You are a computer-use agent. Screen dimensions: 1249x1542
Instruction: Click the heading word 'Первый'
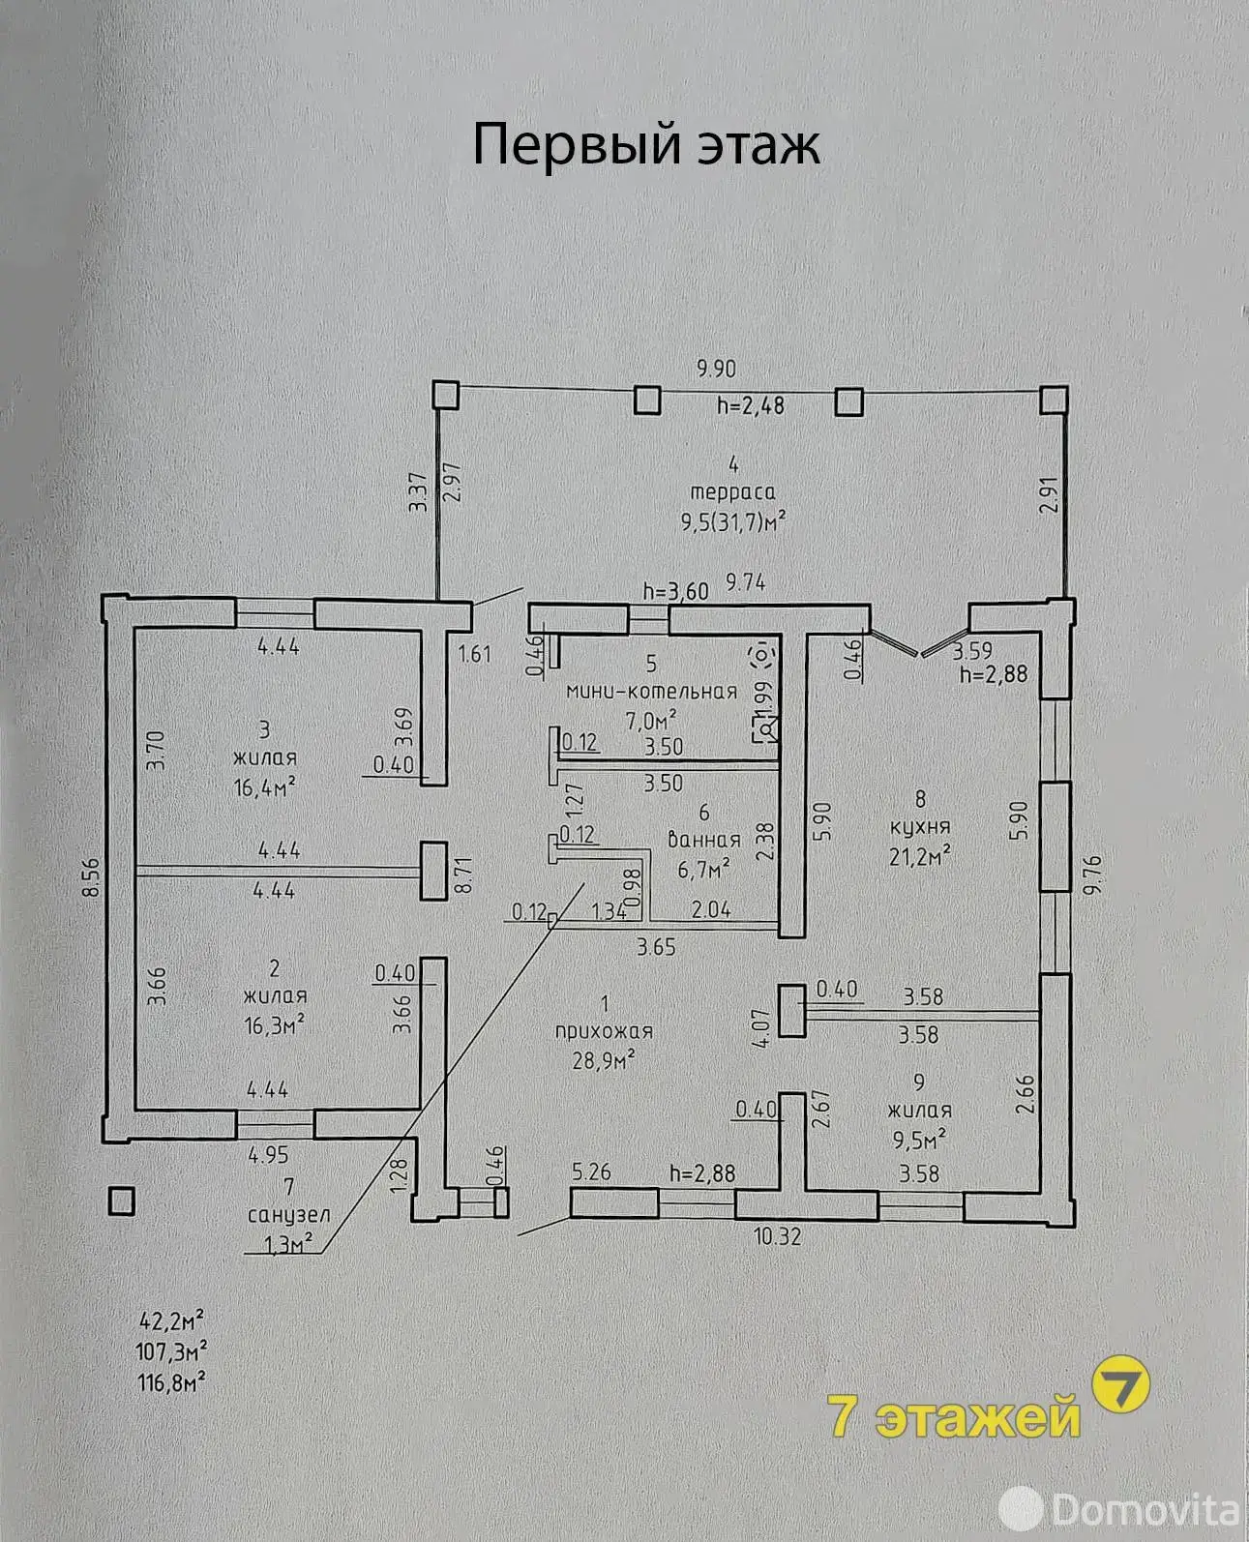pos(577,145)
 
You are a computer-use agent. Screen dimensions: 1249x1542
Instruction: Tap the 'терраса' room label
pos(732,492)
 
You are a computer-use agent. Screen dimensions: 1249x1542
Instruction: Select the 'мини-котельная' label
pos(652,692)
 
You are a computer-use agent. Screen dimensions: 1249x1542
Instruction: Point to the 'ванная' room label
pos(703,840)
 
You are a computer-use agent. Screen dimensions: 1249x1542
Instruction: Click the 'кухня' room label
pos(919,827)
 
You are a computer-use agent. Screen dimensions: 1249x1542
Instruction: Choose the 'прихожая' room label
pos(604,1031)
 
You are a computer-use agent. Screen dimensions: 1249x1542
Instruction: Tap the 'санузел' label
pos(289,1215)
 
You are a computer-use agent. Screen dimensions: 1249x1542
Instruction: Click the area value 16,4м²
pos(265,786)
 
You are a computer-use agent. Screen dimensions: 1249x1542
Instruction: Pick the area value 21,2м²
pos(919,856)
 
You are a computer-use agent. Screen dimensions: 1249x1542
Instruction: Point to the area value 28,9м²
pos(604,1060)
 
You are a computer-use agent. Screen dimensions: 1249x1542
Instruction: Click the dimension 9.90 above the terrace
pos(716,370)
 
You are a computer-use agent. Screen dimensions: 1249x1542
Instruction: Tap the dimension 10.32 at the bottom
pos(778,1235)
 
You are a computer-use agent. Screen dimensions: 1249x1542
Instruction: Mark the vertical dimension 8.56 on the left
pos(91,877)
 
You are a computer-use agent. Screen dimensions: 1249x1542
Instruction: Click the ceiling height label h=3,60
pos(675,591)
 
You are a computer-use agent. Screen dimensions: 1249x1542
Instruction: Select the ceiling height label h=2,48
pos(751,404)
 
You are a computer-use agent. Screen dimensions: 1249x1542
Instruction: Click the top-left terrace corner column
pos(445,396)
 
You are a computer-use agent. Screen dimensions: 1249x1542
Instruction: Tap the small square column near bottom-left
pos(121,1201)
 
